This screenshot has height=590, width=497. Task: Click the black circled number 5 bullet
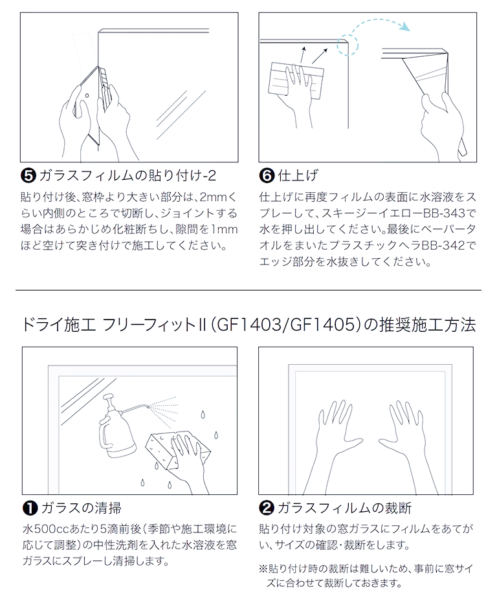(x=28, y=175)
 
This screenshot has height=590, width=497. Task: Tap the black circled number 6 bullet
(x=267, y=175)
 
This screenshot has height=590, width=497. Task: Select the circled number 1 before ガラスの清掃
(x=30, y=508)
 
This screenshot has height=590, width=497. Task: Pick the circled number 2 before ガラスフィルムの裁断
(x=267, y=508)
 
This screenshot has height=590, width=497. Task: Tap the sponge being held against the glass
(x=177, y=450)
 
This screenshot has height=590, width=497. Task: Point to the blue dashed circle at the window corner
(x=348, y=45)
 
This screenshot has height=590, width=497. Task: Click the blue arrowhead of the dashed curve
(x=405, y=27)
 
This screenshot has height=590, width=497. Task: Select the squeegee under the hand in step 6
(x=296, y=80)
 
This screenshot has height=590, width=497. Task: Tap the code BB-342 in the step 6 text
(x=443, y=245)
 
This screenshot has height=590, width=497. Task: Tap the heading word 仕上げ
(x=298, y=175)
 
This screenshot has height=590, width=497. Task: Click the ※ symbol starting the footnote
(x=263, y=569)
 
